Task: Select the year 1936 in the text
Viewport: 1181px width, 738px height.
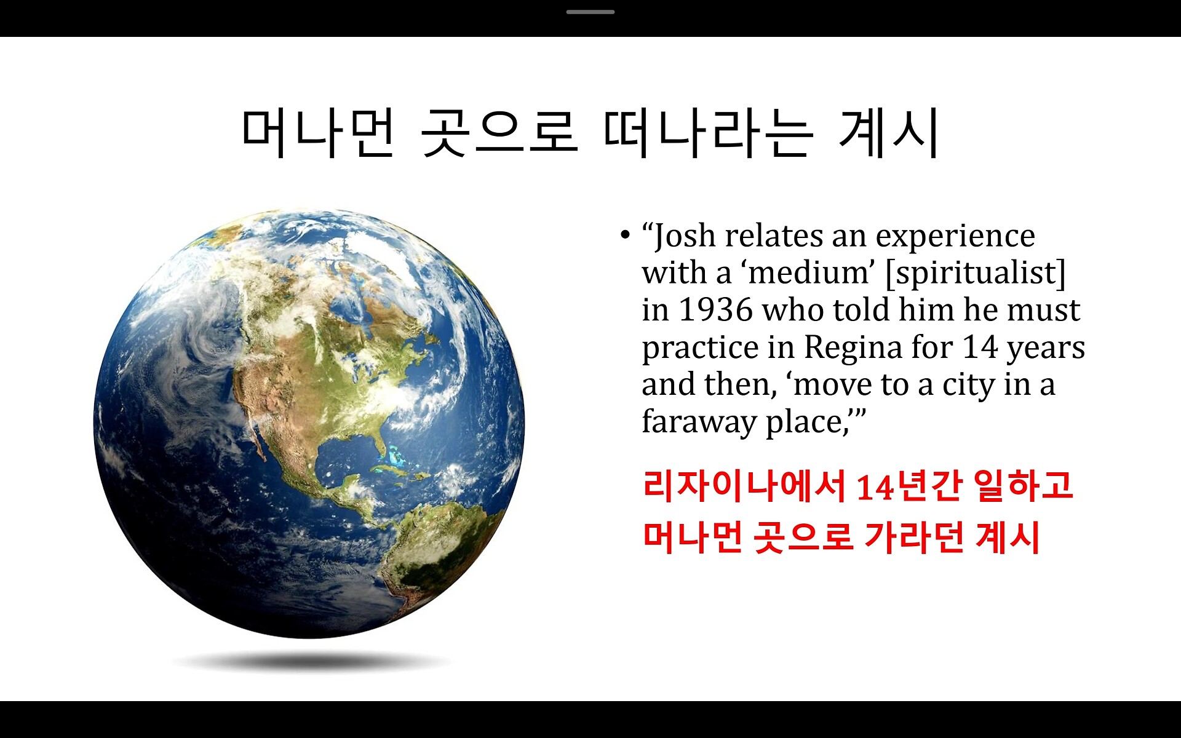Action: pyautogui.click(x=716, y=309)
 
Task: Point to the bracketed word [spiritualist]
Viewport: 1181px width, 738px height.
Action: pyautogui.click(x=975, y=272)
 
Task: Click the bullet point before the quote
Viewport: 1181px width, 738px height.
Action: pyautogui.click(x=625, y=234)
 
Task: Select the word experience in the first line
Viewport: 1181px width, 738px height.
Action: pyautogui.click(x=955, y=237)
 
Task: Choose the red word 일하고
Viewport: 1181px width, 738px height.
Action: pyautogui.click(x=1024, y=485)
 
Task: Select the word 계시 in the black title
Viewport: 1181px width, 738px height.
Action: pyautogui.click(x=889, y=133)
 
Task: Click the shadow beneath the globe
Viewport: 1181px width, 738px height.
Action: pyautogui.click(x=311, y=662)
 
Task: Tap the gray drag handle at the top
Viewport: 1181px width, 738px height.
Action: pyautogui.click(x=590, y=12)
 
